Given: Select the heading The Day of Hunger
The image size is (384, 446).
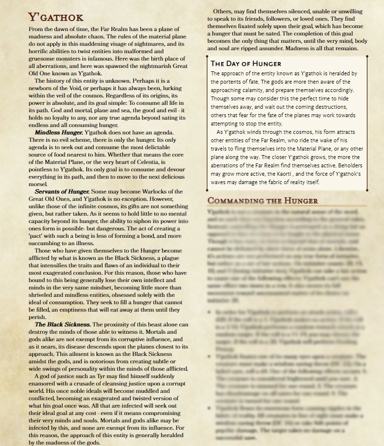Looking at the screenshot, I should (x=246, y=64).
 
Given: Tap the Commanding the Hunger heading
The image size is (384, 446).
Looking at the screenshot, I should (x=263, y=201).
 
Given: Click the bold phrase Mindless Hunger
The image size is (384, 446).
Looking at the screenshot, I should (x=58, y=133).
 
